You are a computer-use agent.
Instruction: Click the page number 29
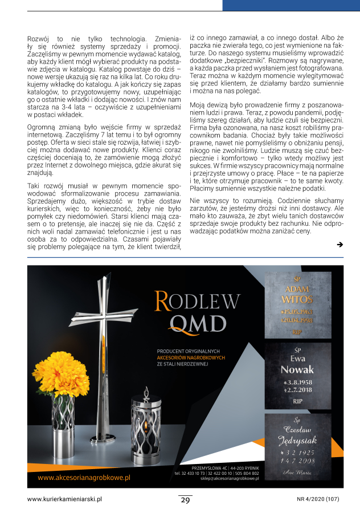click(185, 500)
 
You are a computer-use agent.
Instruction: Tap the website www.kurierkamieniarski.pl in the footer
click(64, 499)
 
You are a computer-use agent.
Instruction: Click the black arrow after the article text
click(339, 245)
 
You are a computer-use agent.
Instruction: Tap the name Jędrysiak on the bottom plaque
click(297, 440)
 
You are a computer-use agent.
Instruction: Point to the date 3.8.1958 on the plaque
click(298, 381)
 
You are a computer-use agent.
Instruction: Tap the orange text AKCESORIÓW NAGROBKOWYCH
click(191, 358)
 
